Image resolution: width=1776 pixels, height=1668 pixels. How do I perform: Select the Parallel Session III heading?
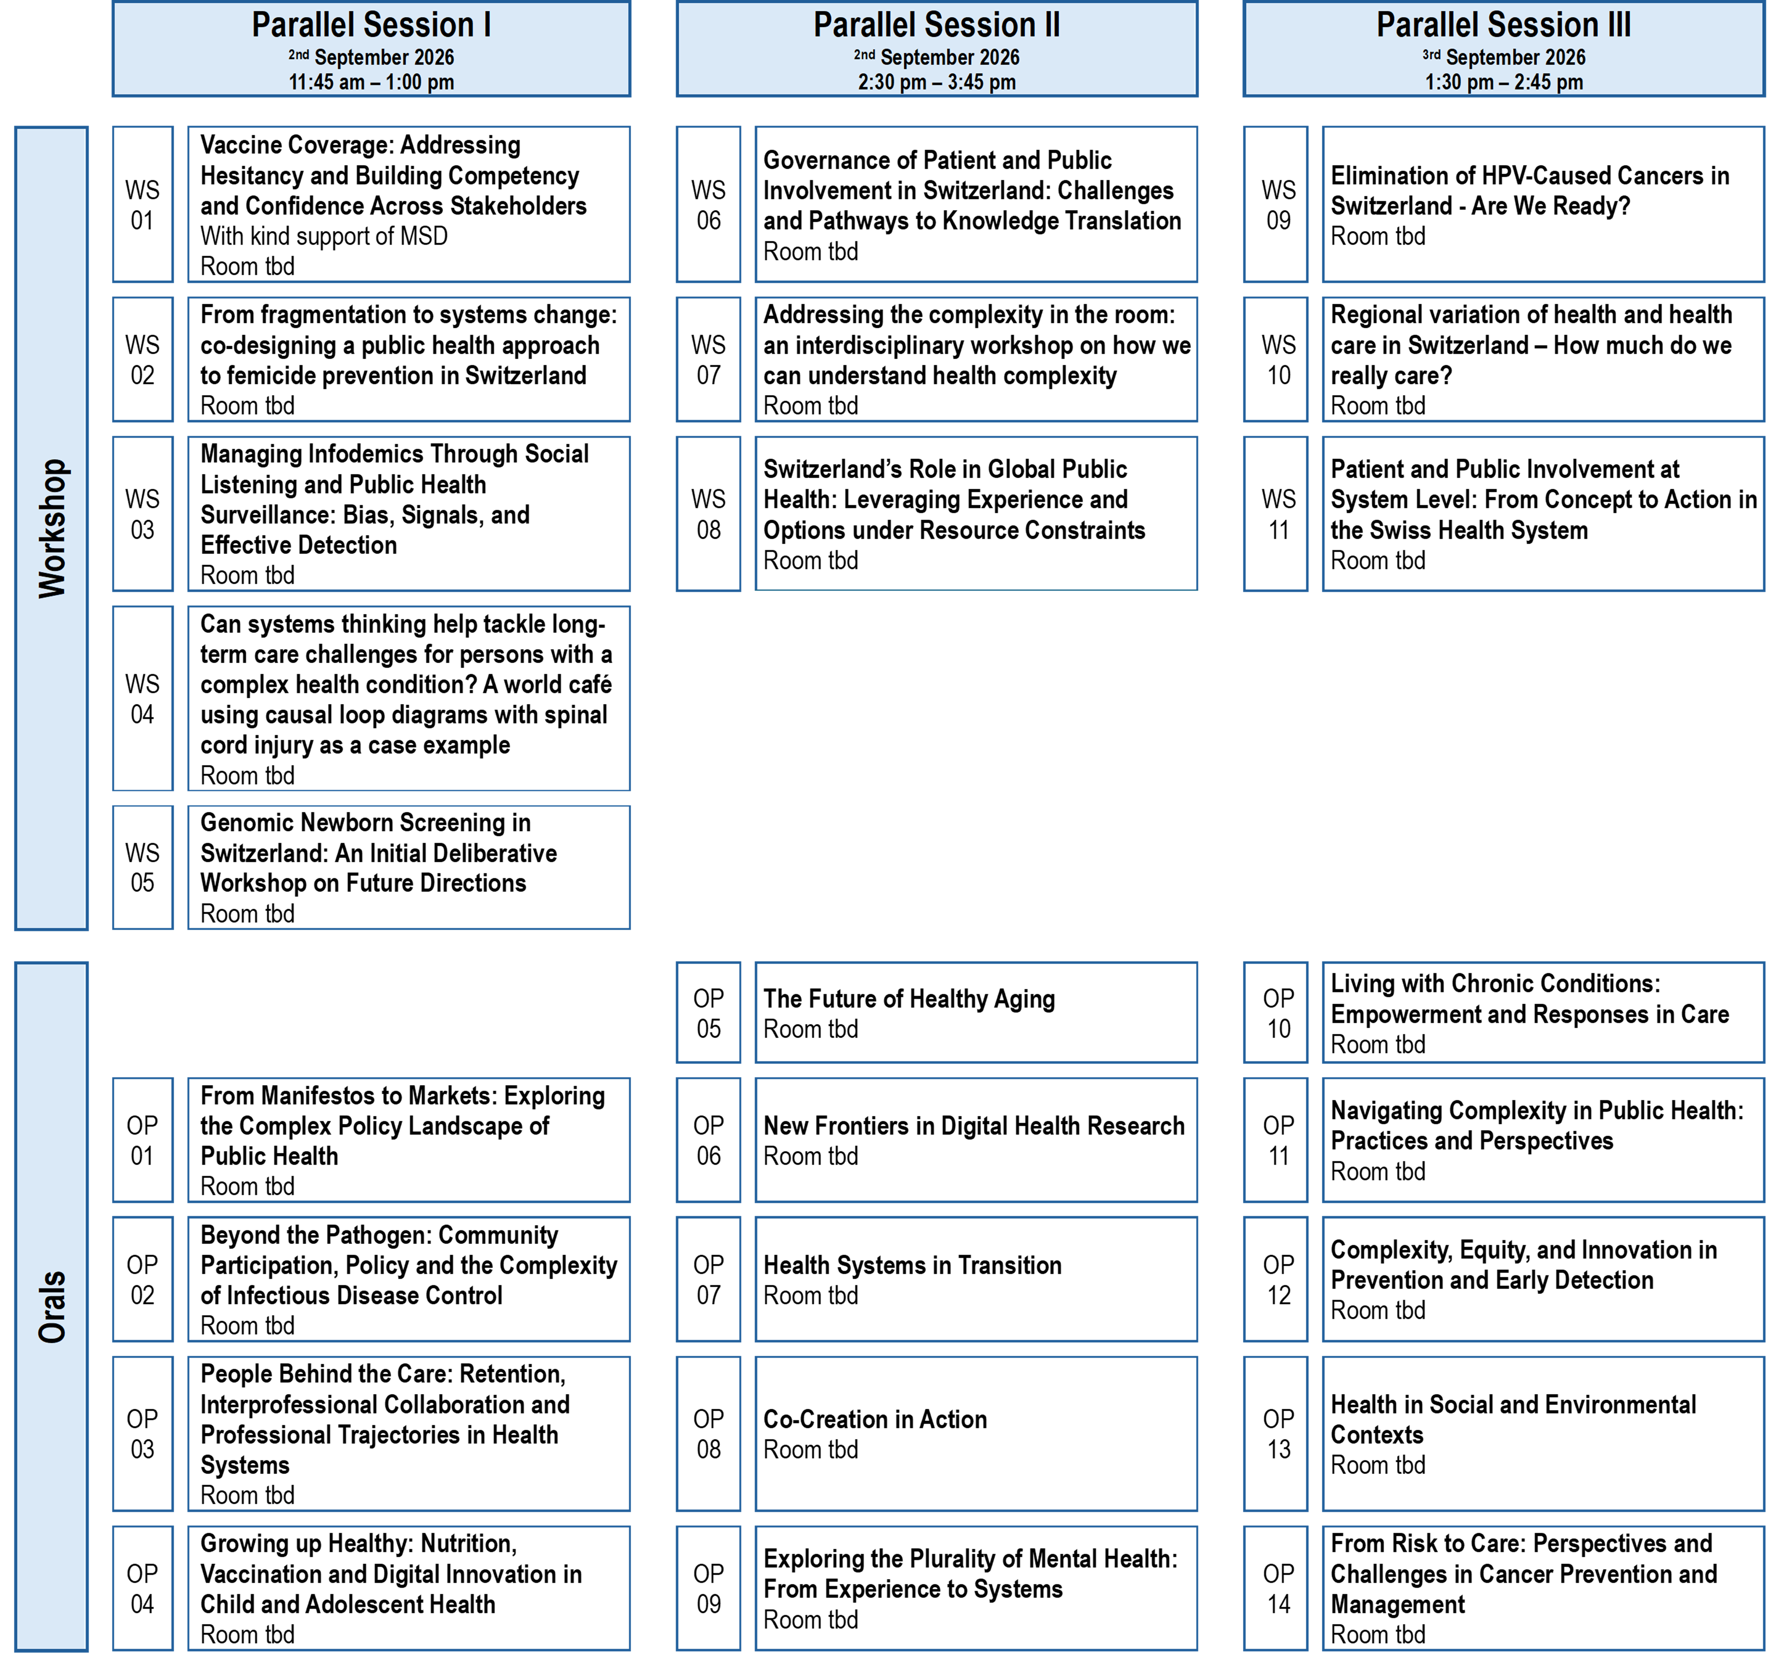tap(1504, 25)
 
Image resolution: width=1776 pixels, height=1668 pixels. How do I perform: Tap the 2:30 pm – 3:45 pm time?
tap(936, 82)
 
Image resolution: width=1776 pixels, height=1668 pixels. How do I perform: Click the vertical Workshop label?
tap(52, 528)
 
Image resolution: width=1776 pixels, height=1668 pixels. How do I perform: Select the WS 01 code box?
tap(143, 204)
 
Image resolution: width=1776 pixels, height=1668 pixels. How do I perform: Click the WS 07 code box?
tap(708, 359)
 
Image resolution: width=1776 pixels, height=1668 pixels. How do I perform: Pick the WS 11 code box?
tap(1276, 514)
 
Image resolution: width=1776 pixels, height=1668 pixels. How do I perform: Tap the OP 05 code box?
tap(708, 1012)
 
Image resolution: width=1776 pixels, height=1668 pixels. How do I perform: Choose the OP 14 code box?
tap(1276, 1588)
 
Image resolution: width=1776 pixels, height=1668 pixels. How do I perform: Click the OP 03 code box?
tap(143, 1433)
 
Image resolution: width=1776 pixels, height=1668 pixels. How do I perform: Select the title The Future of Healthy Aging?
tap(908, 999)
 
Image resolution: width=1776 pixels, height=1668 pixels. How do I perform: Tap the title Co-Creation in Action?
tap(875, 1419)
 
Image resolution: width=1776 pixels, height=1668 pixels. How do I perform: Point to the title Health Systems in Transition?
tap(912, 1265)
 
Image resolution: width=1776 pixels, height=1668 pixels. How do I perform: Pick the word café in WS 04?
tap(588, 684)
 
